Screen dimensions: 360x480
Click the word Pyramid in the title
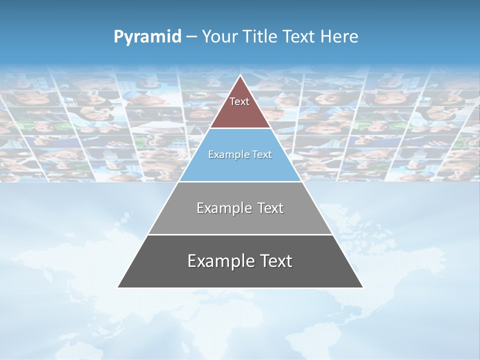(147, 37)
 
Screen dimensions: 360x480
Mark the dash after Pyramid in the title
(191, 37)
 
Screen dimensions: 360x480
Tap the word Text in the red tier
(239, 101)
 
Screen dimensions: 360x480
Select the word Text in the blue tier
(262, 155)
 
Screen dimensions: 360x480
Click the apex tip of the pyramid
(240, 76)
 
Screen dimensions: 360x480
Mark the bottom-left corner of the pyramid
(118, 287)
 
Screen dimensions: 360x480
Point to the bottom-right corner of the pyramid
(362, 287)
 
